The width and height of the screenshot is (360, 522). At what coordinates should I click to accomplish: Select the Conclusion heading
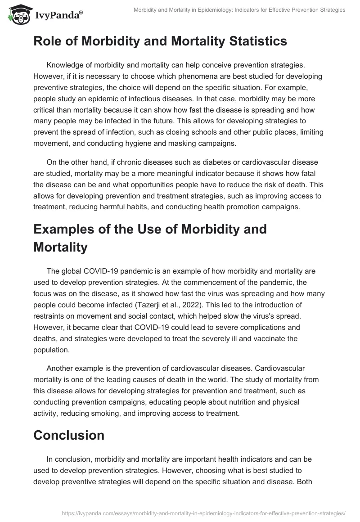point(68,435)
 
